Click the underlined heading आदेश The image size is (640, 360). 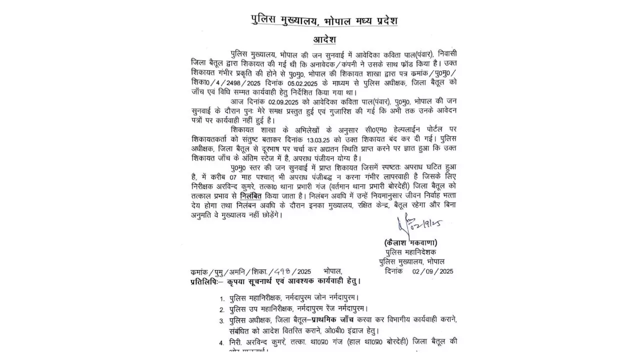[x=324, y=39]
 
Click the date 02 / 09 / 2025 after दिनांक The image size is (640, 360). [x=432, y=271]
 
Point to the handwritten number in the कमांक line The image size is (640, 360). [x=284, y=271]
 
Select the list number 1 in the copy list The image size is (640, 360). [x=221, y=299]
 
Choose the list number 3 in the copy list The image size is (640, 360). [x=221, y=321]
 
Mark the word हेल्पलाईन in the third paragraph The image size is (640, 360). [x=369, y=128]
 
